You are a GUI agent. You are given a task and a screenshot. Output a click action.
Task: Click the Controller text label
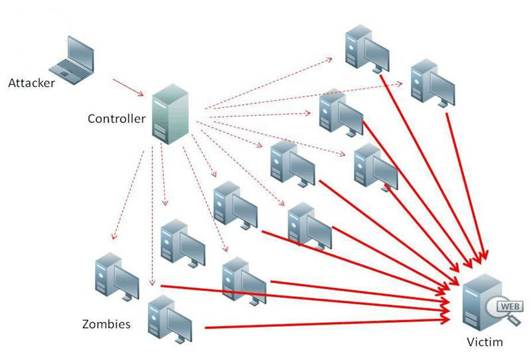[116, 119]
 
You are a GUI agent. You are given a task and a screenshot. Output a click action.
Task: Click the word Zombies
[106, 325]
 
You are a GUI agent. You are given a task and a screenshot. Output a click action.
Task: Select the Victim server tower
[477, 302]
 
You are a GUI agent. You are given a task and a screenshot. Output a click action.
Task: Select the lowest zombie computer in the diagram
[169, 319]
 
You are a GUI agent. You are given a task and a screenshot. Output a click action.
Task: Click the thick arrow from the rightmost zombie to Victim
[465, 179]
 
